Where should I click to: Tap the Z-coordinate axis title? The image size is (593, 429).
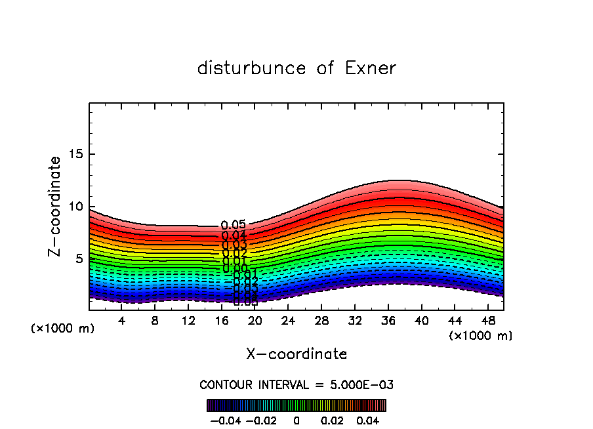(x=55, y=206)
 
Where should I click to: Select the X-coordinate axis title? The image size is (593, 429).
(x=296, y=354)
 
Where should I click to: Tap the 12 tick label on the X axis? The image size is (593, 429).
(x=188, y=321)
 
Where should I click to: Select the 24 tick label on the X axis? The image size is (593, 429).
(x=288, y=321)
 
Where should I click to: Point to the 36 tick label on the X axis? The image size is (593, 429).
(x=388, y=321)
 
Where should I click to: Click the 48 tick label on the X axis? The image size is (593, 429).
(x=487, y=321)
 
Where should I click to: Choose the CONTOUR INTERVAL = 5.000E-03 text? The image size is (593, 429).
(x=296, y=384)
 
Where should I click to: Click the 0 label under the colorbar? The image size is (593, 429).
(x=296, y=420)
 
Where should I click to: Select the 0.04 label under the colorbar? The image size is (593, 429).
(x=369, y=420)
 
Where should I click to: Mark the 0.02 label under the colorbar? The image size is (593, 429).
(x=333, y=420)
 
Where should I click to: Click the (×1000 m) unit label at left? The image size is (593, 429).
(x=63, y=329)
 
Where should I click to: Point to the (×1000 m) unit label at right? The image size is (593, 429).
(x=481, y=336)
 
